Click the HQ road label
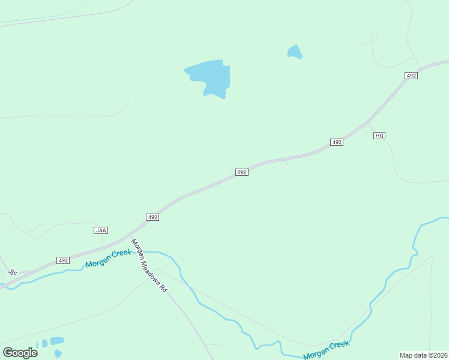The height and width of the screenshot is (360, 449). pyautogui.click(x=379, y=136)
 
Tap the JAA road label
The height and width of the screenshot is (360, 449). pyautogui.click(x=101, y=230)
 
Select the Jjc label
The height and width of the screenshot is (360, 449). pyautogui.click(x=13, y=272)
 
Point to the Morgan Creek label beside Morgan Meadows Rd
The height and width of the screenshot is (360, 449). pyautogui.click(x=108, y=259)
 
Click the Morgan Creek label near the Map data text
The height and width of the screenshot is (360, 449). pyautogui.click(x=326, y=350)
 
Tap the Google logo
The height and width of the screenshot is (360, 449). pyautogui.click(x=20, y=352)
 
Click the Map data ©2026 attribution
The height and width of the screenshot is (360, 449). pyautogui.click(x=423, y=355)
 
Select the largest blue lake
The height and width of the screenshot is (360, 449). pyautogui.click(x=209, y=77)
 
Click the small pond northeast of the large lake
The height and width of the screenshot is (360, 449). pyautogui.click(x=294, y=52)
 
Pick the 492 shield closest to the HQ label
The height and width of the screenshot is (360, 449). pyautogui.click(x=337, y=142)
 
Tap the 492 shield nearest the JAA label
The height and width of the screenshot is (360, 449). pyautogui.click(x=152, y=217)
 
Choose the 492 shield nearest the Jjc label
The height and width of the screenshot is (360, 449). pyautogui.click(x=63, y=260)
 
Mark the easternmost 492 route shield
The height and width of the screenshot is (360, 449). pyautogui.click(x=411, y=76)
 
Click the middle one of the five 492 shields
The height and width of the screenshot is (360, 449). pyautogui.click(x=241, y=172)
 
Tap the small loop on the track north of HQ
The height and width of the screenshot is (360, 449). pyautogui.click(x=374, y=38)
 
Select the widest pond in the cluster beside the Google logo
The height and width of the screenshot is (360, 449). pyautogui.click(x=56, y=340)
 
